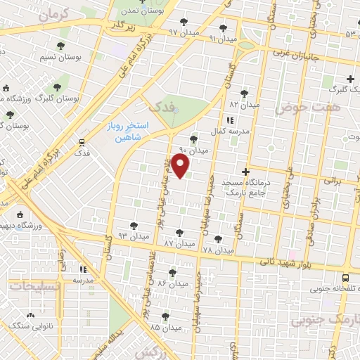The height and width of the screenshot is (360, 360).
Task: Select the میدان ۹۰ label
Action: [194, 150]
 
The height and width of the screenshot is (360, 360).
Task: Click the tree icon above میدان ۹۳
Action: [134, 225]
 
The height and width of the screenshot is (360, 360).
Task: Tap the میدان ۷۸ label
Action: [217, 250]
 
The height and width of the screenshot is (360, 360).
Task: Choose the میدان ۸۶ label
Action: [172, 283]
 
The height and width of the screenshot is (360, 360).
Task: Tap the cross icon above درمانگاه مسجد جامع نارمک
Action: [245, 171]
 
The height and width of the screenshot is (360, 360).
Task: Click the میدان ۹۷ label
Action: [184, 32]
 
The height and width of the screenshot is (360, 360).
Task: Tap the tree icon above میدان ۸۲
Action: [244, 93]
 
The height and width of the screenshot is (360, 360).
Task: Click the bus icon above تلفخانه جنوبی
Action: [345, 278]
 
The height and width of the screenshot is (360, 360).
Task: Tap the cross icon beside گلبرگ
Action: [350, 78]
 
